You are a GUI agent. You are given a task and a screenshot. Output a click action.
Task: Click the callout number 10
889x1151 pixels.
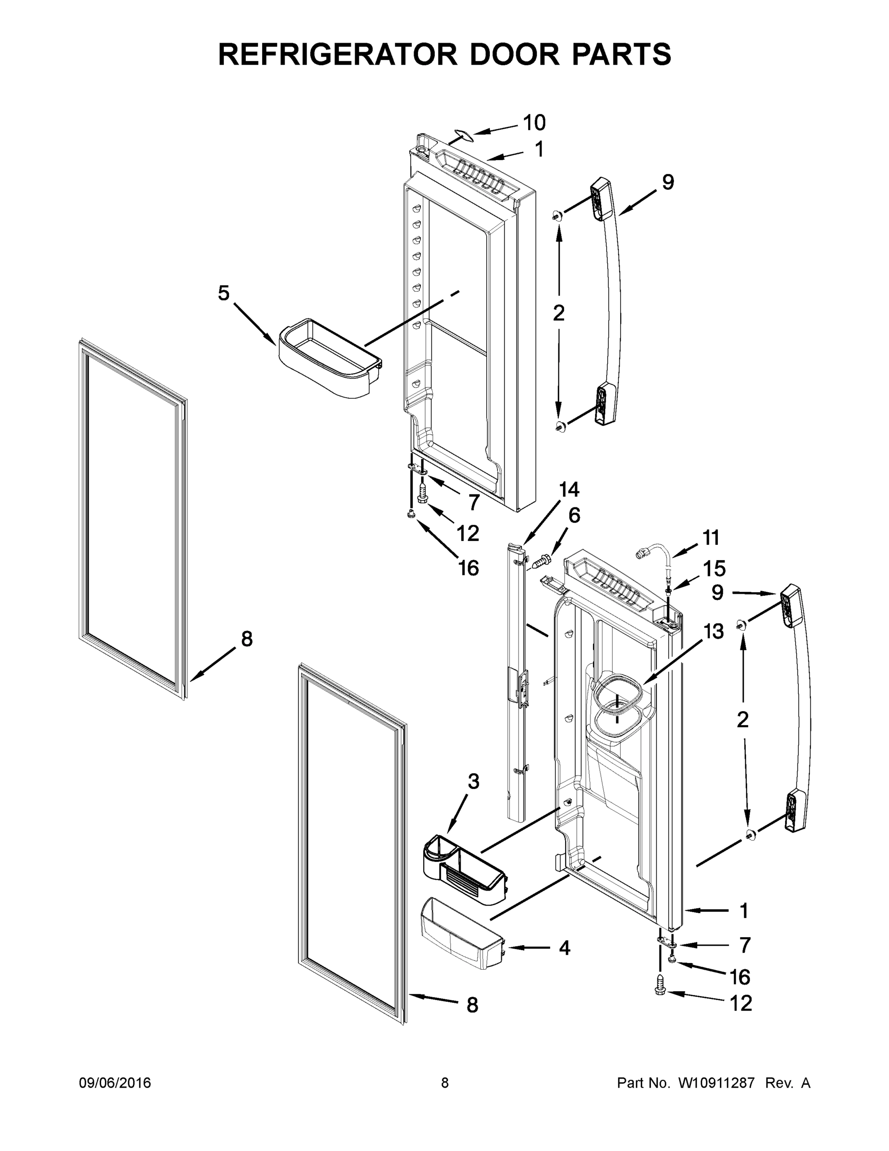pyautogui.click(x=533, y=123)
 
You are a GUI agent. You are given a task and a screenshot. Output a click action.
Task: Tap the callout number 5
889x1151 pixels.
pyautogui.click(x=224, y=293)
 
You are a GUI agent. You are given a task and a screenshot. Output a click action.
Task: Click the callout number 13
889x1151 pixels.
pyautogui.click(x=714, y=631)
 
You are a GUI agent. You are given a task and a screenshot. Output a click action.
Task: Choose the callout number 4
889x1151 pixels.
pyautogui.click(x=565, y=948)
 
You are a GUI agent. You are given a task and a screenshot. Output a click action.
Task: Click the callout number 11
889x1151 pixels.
pyautogui.click(x=710, y=538)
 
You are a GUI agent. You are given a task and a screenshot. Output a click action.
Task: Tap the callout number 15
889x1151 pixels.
pyautogui.click(x=714, y=569)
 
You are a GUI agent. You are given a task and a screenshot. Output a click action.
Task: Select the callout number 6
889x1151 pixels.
pyautogui.click(x=574, y=516)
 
